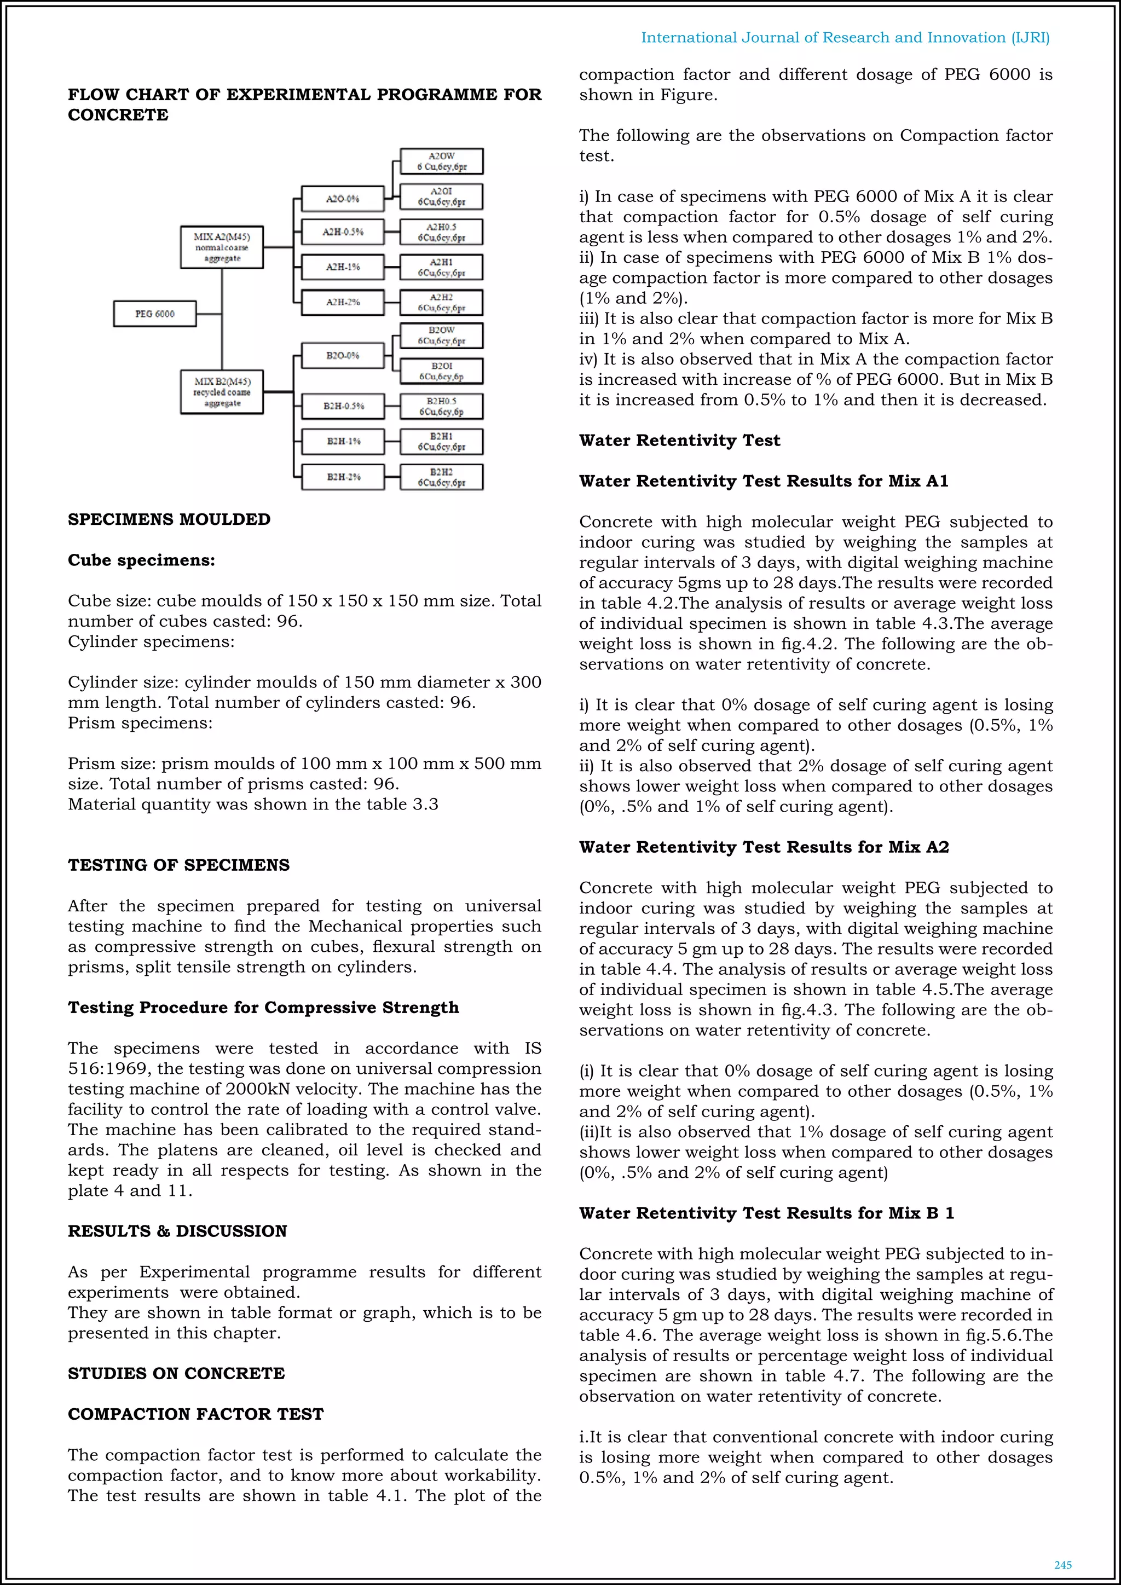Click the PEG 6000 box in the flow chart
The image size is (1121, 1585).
(x=154, y=314)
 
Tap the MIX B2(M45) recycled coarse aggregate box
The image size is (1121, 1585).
(x=222, y=392)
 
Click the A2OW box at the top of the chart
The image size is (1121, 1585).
(x=441, y=161)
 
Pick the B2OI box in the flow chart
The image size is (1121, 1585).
(x=441, y=372)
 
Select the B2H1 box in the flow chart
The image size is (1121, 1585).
(x=441, y=442)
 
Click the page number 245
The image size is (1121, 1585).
(x=1062, y=1565)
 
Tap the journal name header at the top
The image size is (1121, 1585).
(x=845, y=38)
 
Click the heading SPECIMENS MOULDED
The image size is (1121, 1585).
(x=169, y=520)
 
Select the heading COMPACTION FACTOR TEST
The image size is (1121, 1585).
(x=195, y=1414)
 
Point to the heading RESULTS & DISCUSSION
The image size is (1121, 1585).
(x=177, y=1231)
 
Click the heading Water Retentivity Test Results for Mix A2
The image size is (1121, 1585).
(x=764, y=847)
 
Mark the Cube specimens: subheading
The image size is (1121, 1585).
(x=142, y=560)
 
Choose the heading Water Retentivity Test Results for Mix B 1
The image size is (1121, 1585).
(x=766, y=1213)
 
